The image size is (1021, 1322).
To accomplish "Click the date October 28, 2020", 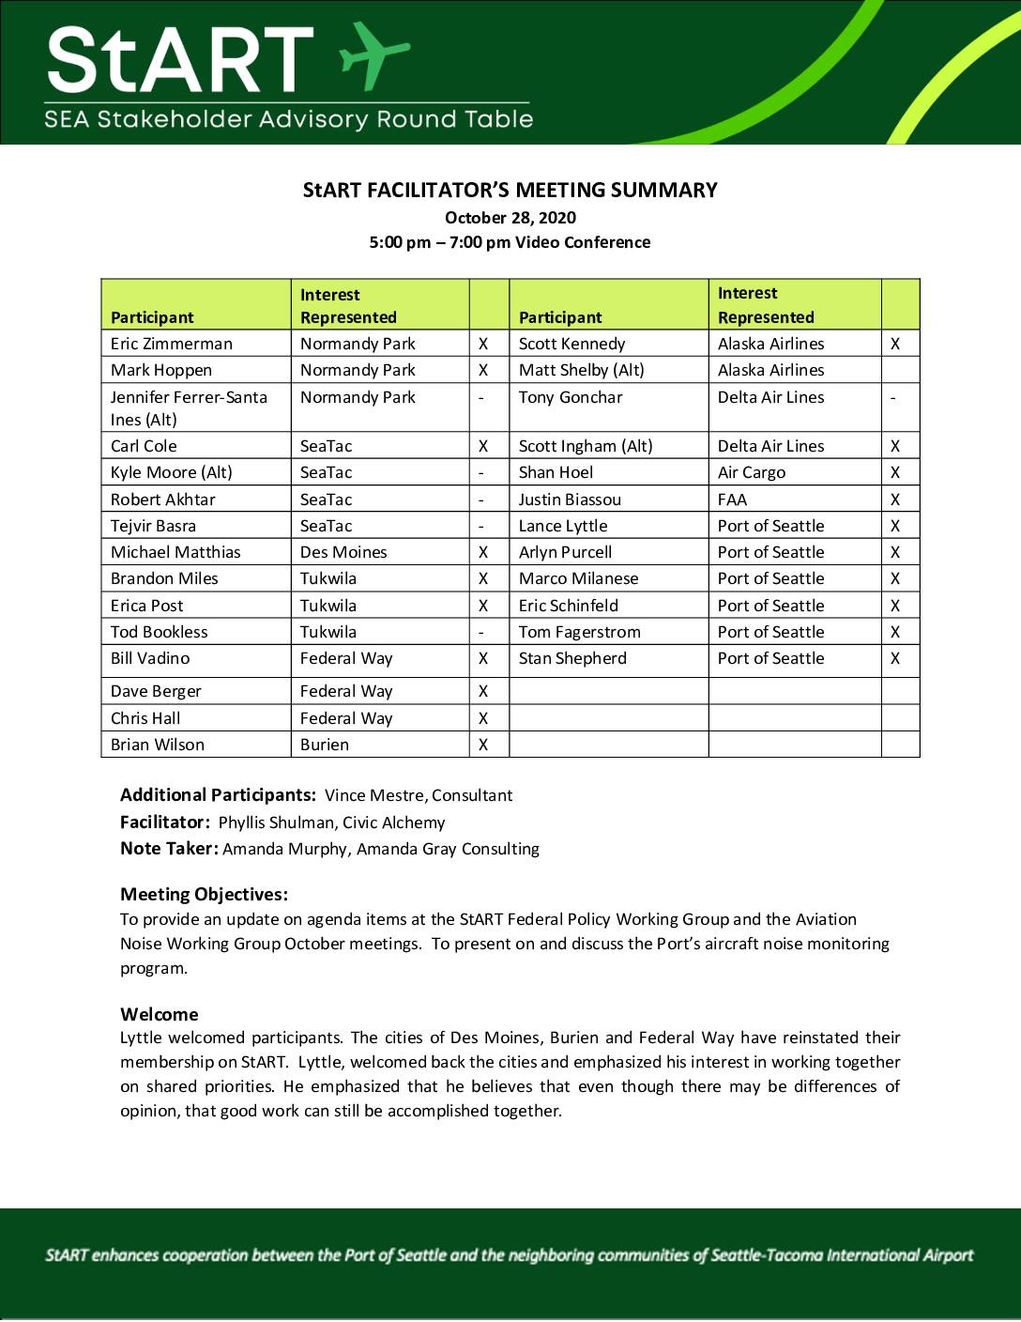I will pos(510,218).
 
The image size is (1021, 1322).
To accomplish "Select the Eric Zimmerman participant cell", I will pos(172,344).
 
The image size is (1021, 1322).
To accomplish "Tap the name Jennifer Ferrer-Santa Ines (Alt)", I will pos(189,407).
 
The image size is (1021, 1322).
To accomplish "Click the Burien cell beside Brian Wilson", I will pos(325,745).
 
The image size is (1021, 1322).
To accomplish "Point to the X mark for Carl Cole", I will pos(483,446).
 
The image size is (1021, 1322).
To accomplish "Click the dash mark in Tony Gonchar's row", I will pos(892,398).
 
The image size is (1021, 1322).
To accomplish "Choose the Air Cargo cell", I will pos(752,472).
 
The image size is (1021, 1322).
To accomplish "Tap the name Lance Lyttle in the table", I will pos(563,526).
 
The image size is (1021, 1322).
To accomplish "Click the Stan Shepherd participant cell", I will pos(572,658).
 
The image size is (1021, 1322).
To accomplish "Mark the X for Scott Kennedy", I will pos(895,344).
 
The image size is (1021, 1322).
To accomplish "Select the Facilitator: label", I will pos(165,822).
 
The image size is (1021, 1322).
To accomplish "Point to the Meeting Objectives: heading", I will pos(204,894).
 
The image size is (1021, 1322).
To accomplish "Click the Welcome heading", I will pos(160,1014).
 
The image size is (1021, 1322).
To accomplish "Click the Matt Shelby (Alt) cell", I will pos(582,370).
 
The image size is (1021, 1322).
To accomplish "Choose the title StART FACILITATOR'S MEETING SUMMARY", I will pos(510,191).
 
